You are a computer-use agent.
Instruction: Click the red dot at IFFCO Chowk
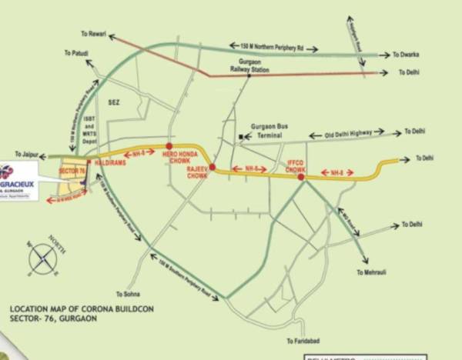click(301, 177)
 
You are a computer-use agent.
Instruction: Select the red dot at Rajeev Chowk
click(212, 168)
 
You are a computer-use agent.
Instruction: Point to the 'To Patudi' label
click(75, 52)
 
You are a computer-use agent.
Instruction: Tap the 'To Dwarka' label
click(405, 55)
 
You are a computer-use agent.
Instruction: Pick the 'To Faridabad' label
click(301, 340)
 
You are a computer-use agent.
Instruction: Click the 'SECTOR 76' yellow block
click(70, 172)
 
